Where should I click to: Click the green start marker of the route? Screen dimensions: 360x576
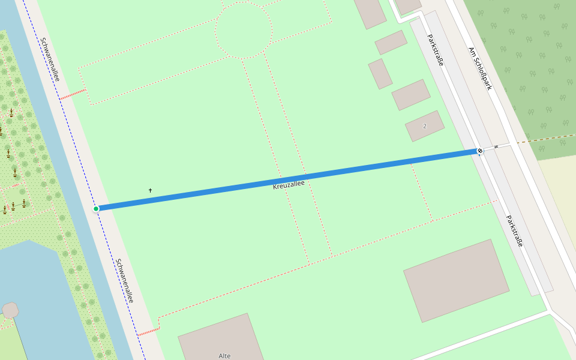click(96, 209)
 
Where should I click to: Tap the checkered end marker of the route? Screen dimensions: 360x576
click(480, 151)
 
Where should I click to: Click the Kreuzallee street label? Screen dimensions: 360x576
click(289, 185)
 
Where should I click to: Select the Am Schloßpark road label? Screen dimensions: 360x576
click(480, 68)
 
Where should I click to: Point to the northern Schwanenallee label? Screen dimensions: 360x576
click(50, 59)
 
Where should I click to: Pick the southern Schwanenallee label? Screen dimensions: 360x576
click(125, 280)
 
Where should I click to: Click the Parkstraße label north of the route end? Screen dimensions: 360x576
click(435, 50)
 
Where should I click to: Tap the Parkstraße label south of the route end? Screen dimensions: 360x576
click(514, 231)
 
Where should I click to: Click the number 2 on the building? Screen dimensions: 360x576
click(425, 126)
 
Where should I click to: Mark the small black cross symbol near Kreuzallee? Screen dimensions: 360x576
click(150, 190)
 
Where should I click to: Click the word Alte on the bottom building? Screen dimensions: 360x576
click(224, 356)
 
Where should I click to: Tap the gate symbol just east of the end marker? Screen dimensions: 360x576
click(496, 147)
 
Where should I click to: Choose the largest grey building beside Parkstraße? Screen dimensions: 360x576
click(456, 281)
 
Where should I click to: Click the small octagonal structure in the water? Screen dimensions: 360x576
click(10, 310)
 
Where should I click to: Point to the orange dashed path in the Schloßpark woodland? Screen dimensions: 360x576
click(546, 139)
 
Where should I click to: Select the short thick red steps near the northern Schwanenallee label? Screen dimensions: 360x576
click(73, 95)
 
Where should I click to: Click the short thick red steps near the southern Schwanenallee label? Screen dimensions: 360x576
click(148, 331)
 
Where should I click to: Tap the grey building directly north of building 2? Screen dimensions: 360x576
click(411, 95)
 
